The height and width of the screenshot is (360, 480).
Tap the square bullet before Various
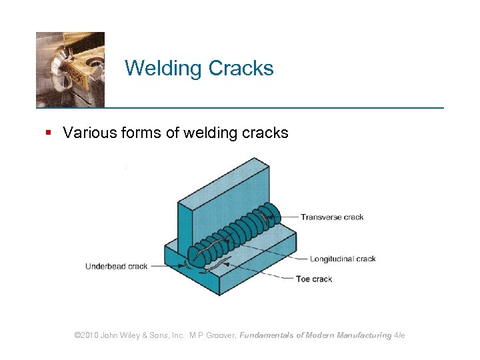[x=48, y=133]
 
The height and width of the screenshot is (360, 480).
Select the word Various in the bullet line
[x=87, y=133]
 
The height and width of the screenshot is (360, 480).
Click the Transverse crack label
[x=331, y=217]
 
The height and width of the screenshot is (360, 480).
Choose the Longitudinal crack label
[x=343, y=259]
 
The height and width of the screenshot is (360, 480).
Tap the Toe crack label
[x=313, y=279]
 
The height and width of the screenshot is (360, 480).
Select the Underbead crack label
[x=116, y=267]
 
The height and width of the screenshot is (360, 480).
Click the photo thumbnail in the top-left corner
[x=70, y=69]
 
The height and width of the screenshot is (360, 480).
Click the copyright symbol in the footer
[x=77, y=335]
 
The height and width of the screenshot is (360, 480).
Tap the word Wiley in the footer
[x=131, y=335]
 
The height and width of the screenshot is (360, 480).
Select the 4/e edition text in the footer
[x=399, y=335]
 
